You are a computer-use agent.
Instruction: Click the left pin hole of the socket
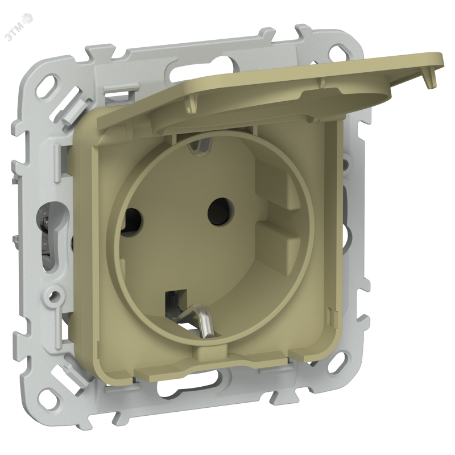point(132,220)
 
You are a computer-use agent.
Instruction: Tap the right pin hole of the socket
point(221,211)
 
